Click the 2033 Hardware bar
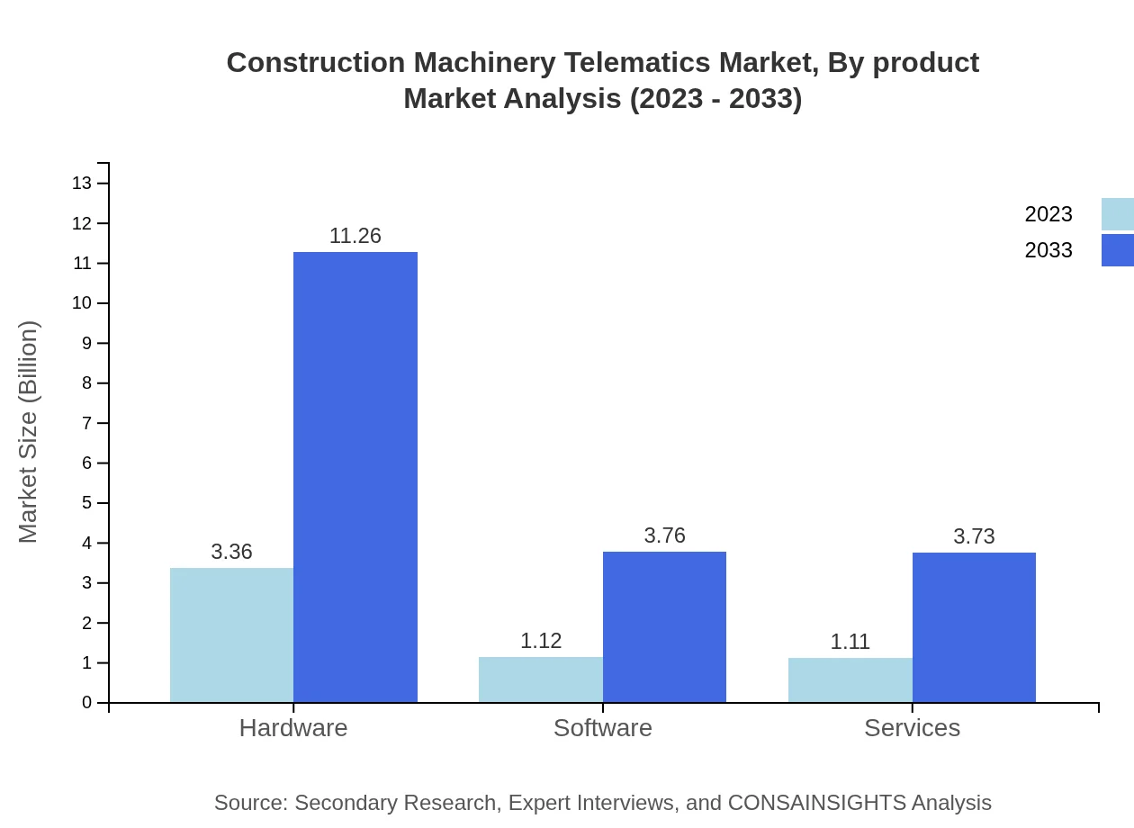355,477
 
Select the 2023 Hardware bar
231,634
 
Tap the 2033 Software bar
664,626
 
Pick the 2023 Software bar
541,679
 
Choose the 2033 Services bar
974,627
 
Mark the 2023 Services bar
850,679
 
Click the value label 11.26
355,236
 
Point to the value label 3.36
231,552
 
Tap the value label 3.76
664,535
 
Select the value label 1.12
541,641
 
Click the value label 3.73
974,536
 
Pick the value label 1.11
850,642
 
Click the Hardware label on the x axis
293,727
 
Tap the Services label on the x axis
912,727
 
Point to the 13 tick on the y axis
82,184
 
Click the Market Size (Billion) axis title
28,432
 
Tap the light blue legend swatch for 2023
1117,214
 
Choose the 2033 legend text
1048,250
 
